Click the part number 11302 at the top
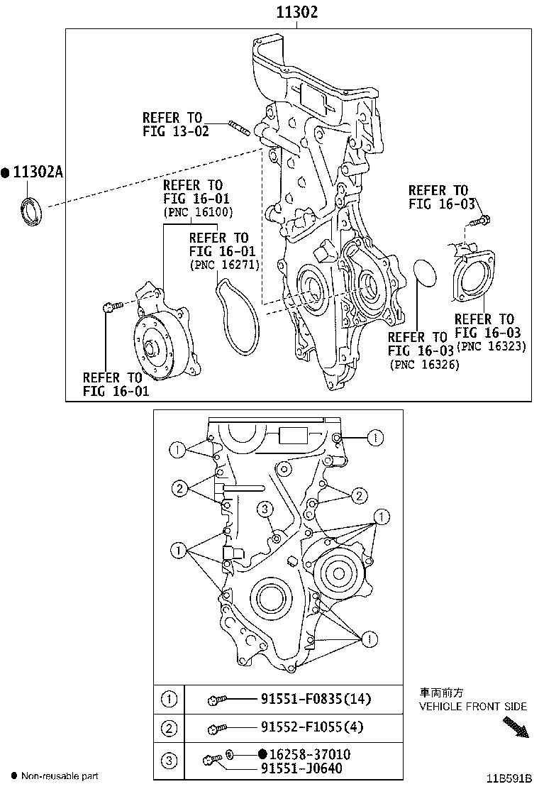tap(296, 12)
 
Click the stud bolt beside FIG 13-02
tap(240, 128)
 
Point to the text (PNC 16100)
tap(198, 212)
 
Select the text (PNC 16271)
tap(224, 265)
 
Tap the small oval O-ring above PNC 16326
tap(426, 274)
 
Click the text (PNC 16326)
tap(424, 364)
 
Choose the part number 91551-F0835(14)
tap(305, 700)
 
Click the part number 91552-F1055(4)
tap(301, 727)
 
